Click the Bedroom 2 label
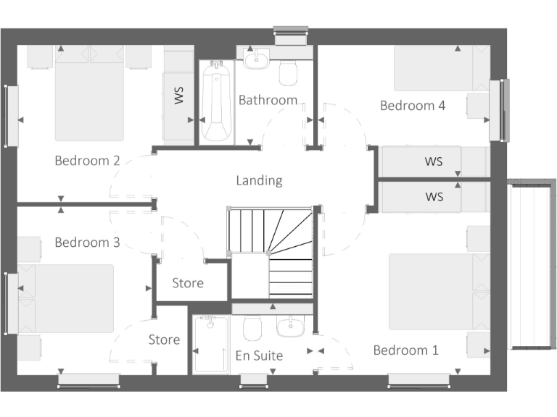[x=87, y=161]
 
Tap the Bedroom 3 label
[x=87, y=243]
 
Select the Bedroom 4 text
[x=413, y=106]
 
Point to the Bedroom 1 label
[x=405, y=350]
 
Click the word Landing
[x=259, y=180]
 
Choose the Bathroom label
[x=268, y=100]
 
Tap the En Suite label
[x=259, y=355]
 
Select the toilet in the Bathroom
[x=289, y=72]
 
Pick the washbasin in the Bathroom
[x=257, y=59]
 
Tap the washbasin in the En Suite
[x=291, y=327]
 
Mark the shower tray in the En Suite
[x=211, y=345]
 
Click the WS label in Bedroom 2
[x=179, y=96]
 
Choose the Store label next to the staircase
[x=188, y=283]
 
